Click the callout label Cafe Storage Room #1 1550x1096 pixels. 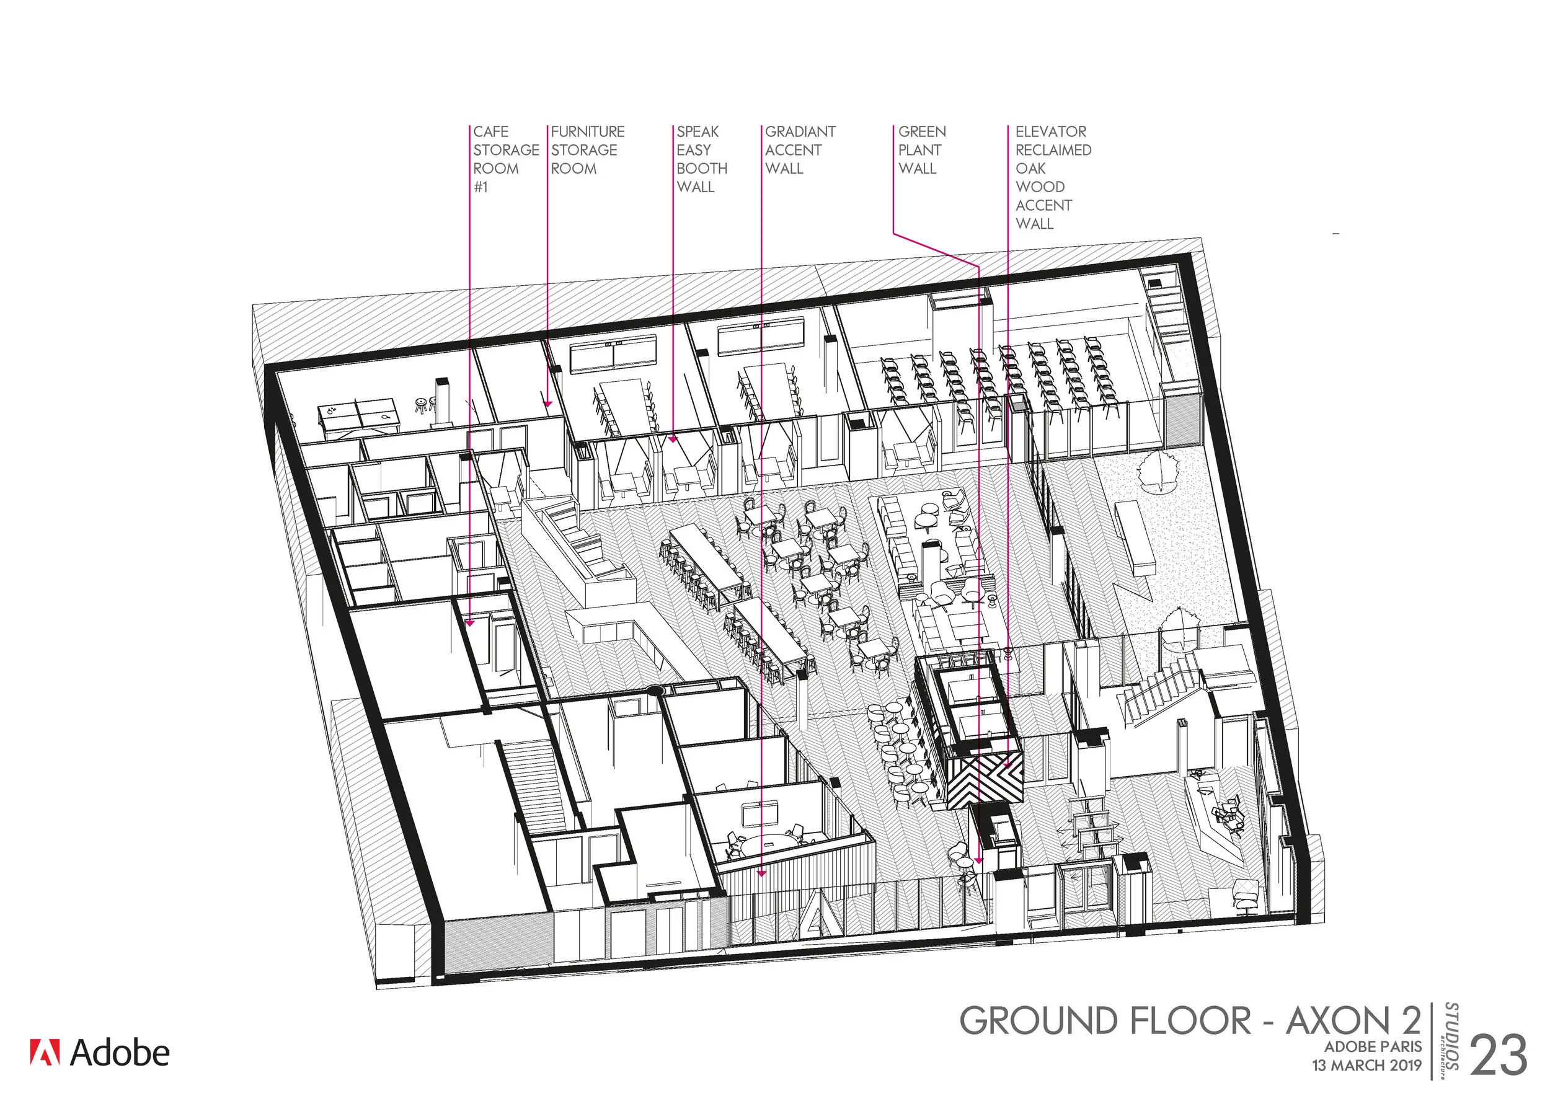coord(505,159)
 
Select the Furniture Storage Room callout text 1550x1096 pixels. coord(587,150)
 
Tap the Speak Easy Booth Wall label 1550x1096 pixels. coord(701,159)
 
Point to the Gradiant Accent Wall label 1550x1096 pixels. coord(799,150)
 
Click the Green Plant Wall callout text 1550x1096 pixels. coord(921,150)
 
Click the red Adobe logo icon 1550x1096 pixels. coord(45,1052)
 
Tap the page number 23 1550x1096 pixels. coord(1498,1056)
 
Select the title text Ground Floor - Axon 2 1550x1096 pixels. coord(1190,1021)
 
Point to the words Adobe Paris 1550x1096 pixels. coord(1373,1047)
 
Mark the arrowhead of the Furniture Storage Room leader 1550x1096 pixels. coord(548,404)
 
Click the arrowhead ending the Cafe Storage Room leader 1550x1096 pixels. coord(470,623)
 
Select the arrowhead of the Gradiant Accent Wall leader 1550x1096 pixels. coord(761,873)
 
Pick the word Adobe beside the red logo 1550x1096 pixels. coord(120,1053)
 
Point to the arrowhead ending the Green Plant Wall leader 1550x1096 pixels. coord(979,861)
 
